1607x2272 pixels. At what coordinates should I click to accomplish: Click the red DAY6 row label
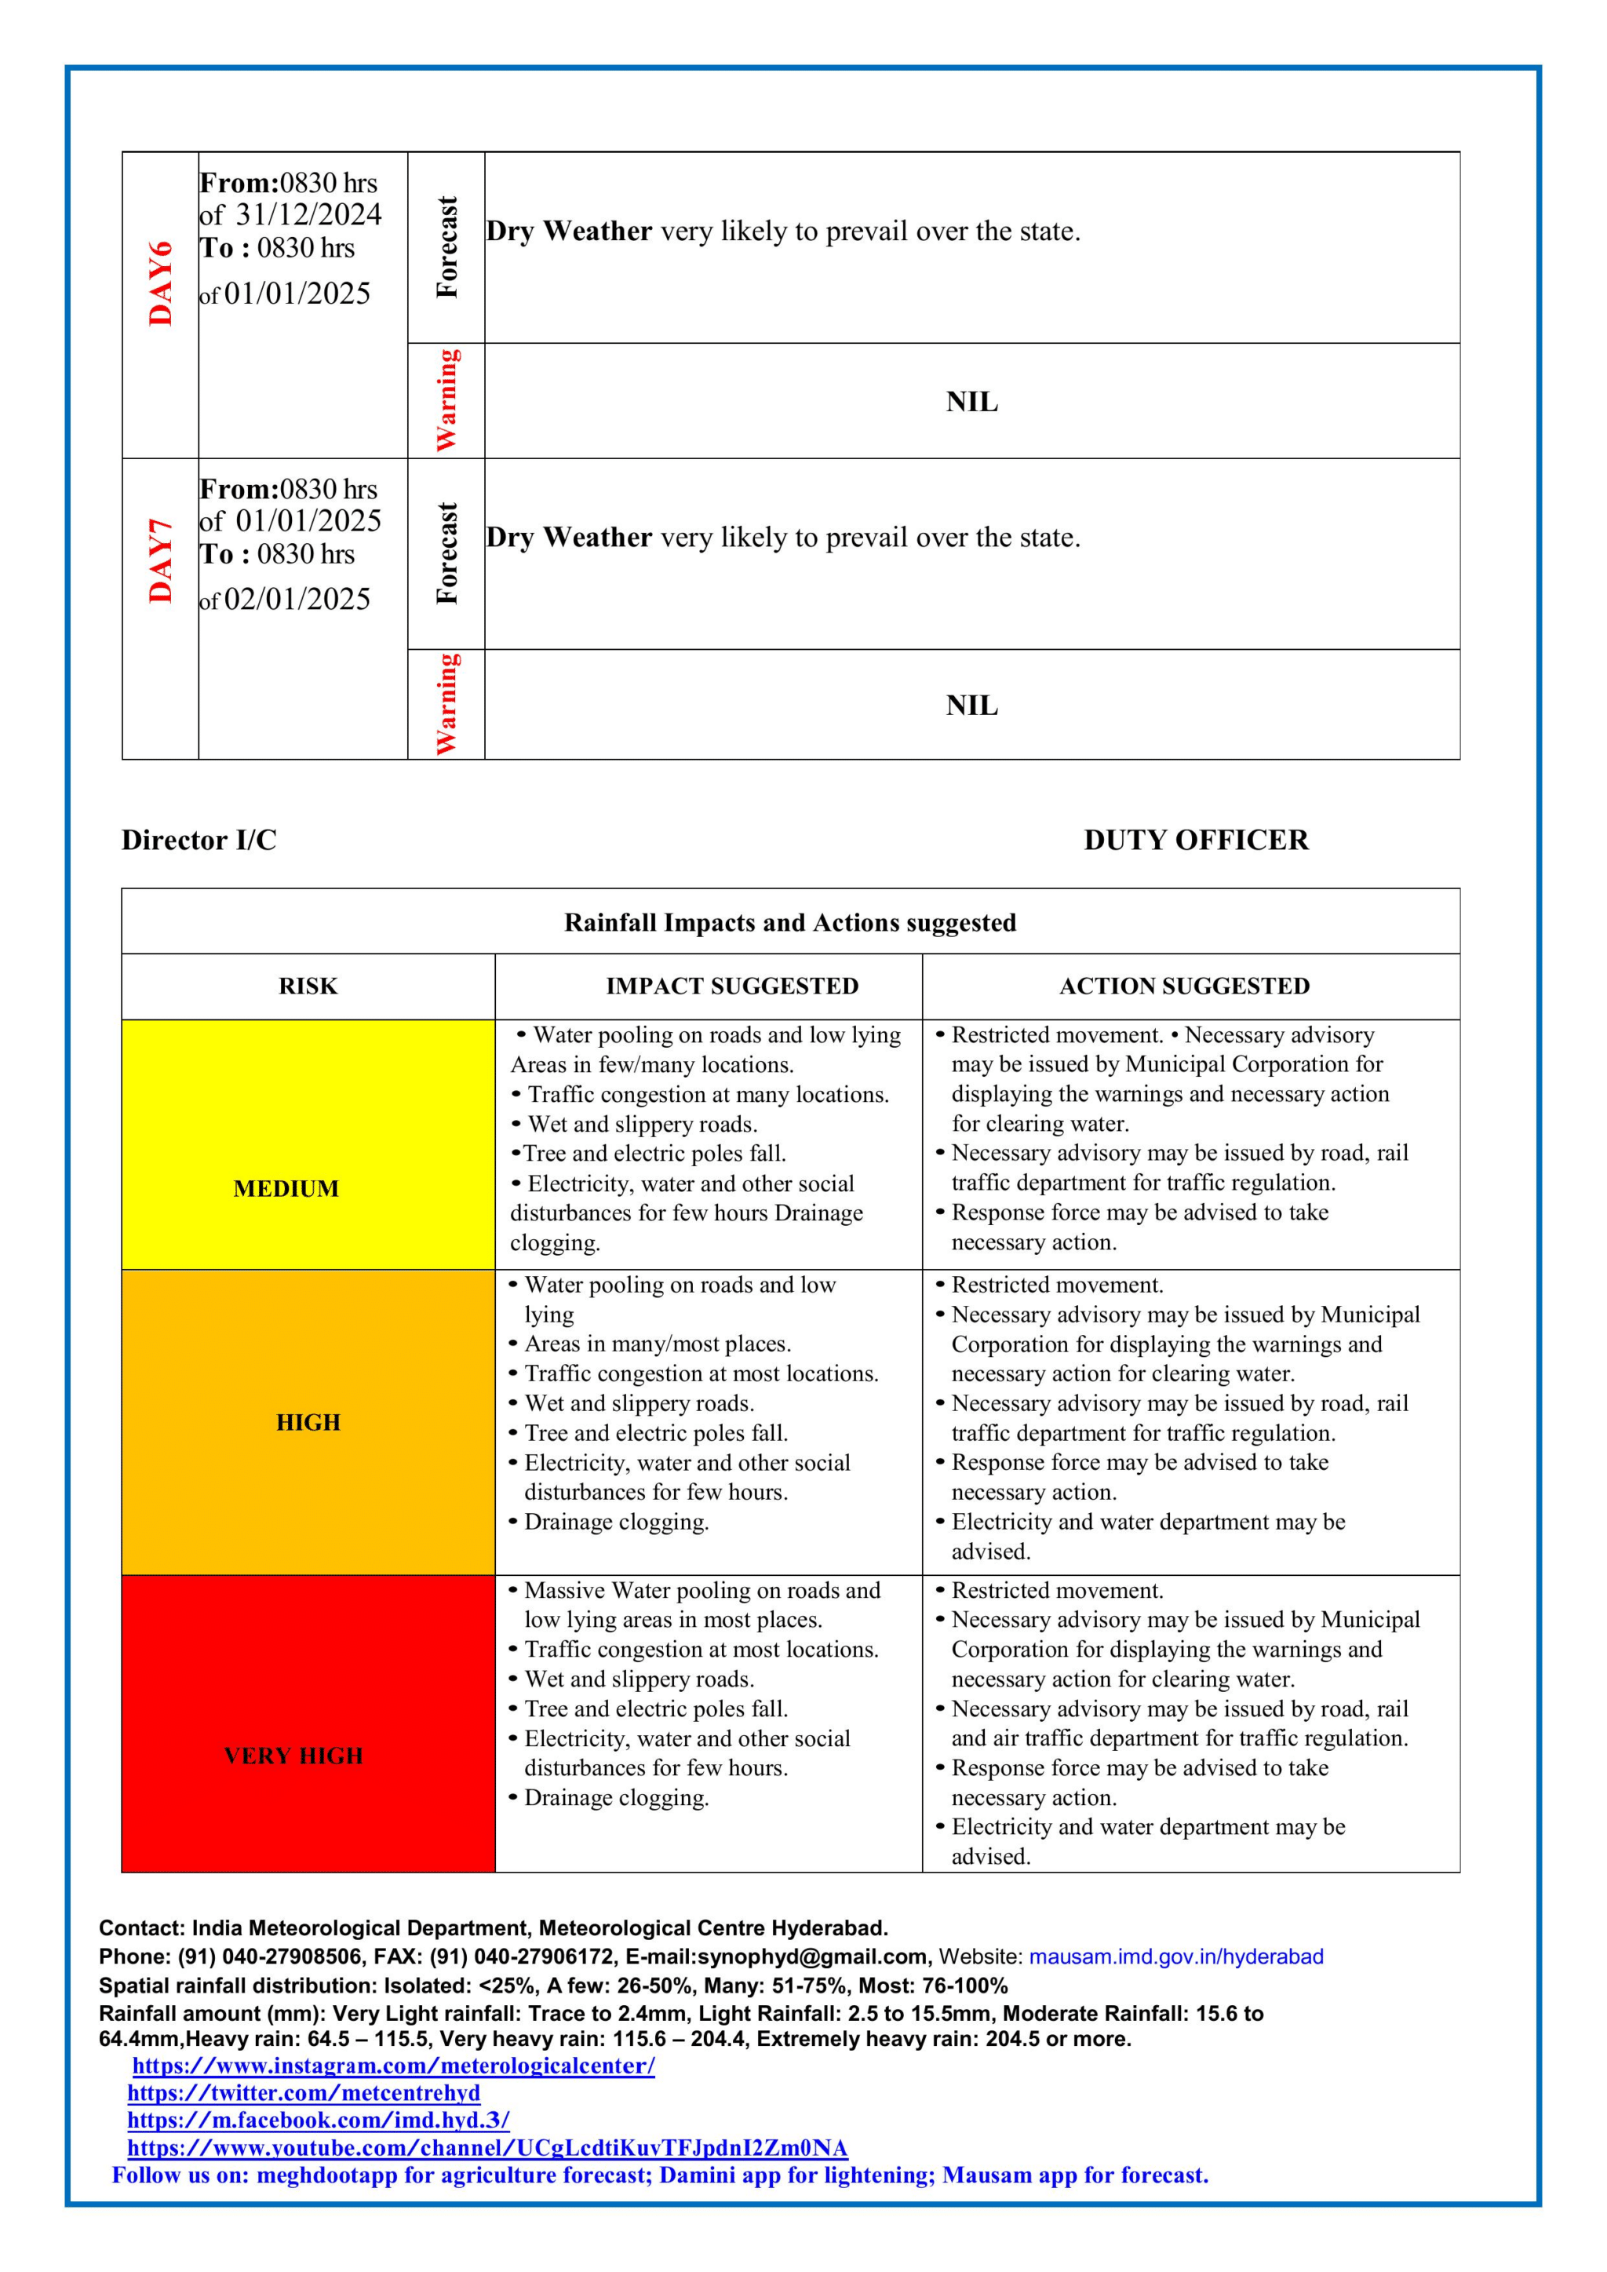point(160,283)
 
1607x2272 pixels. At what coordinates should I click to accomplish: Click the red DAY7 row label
point(160,560)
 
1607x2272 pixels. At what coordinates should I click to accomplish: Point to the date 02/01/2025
point(297,600)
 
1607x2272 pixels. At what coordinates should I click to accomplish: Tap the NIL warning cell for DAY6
point(971,402)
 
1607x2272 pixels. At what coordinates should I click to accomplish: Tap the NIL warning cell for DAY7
point(971,706)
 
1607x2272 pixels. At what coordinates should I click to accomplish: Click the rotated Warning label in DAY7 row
point(446,703)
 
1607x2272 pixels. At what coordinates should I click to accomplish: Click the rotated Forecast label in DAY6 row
point(446,247)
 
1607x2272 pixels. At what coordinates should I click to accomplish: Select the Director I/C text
point(199,840)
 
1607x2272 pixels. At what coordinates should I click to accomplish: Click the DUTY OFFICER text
point(1195,840)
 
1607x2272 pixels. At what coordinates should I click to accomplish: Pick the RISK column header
point(308,986)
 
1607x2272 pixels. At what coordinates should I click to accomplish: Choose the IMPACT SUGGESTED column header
point(732,986)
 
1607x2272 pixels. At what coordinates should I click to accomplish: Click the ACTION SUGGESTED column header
point(1185,986)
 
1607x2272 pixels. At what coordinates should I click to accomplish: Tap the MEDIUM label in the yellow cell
point(286,1188)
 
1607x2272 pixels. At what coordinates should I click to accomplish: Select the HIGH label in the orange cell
point(308,1423)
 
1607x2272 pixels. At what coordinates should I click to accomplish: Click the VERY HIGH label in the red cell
point(294,1756)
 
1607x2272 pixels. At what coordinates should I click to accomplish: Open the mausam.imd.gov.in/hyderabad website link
point(1175,1957)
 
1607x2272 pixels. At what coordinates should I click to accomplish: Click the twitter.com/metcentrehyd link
point(304,2094)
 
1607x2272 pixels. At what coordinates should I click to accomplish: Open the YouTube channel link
point(486,2148)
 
